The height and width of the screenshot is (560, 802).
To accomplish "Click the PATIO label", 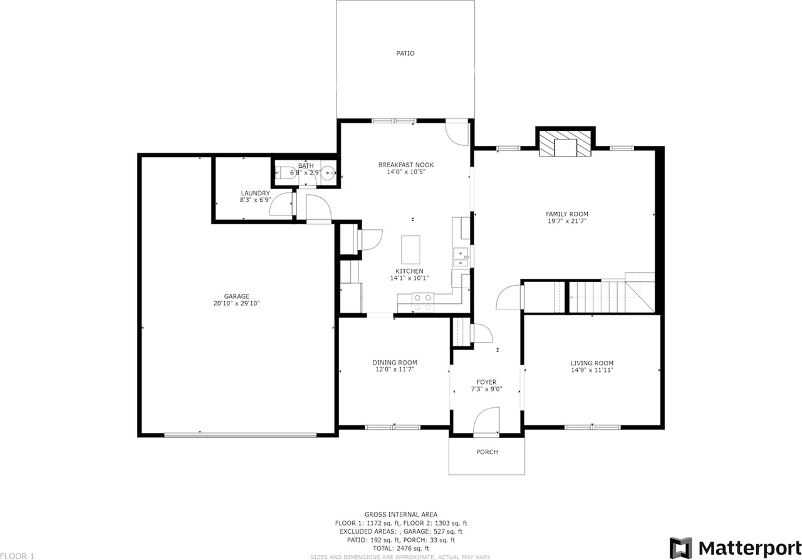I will click(x=405, y=53).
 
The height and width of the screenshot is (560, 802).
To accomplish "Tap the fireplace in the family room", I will click(x=566, y=145).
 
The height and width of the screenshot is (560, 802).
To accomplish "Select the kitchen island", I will click(x=411, y=249).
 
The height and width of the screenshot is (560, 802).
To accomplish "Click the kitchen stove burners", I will click(x=423, y=303).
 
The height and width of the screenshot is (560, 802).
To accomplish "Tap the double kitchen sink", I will click(x=461, y=257).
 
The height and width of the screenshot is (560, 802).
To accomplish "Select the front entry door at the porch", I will click(x=486, y=422).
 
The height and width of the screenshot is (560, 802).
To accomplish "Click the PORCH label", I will click(x=487, y=452).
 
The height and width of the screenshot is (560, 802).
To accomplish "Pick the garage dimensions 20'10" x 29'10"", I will click(x=236, y=304).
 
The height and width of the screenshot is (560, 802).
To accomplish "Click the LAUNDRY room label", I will click(x=255, y=193).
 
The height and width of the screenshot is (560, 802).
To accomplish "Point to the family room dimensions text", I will click(x=566, y=220).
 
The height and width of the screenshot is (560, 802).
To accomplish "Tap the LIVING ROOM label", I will click(x=591, y=363).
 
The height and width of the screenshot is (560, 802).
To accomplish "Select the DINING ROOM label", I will click(x=395, y=363).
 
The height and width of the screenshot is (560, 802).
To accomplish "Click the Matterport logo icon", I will click(x=680, y=547).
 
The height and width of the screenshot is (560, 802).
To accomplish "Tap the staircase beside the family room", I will click(x=601, y=296).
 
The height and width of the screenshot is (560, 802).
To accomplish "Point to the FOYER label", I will click(x=486, y=382).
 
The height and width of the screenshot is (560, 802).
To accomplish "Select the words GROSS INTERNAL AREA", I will click(x=401, y=514).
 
